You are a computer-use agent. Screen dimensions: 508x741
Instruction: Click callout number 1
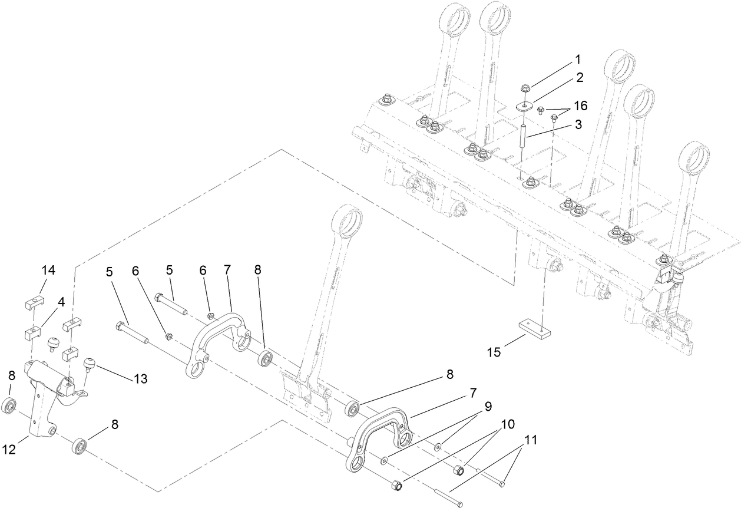(x=578, y=60)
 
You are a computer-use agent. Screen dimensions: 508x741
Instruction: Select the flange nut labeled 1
(x=525, y=89)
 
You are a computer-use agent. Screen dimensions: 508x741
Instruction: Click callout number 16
(x=580, y=106)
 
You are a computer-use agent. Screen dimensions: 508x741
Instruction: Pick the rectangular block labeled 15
(x=534, y=328)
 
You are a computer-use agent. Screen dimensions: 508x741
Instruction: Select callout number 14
(x=48, y=271)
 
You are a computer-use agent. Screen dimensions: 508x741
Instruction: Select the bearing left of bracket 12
(x=9, y=406)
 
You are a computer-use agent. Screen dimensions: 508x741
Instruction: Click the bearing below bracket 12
(x=80, y=446)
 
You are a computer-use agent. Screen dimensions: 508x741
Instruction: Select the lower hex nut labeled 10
(x=396, y=486)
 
